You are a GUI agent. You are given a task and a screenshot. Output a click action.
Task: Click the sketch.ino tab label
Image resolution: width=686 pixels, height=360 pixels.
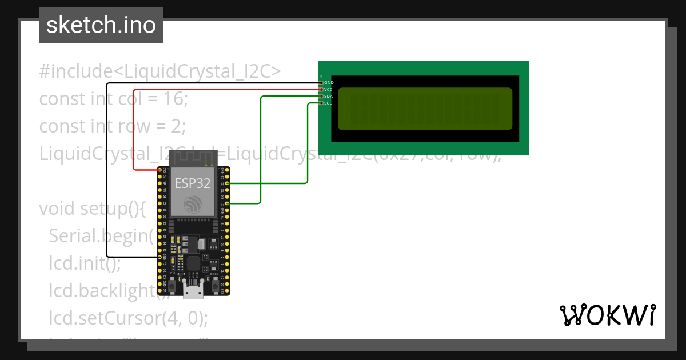[101, 25]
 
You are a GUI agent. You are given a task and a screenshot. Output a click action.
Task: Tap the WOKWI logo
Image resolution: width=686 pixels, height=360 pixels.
[607, 315]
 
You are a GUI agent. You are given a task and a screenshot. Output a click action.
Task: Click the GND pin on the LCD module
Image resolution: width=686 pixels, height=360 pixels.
[321, 83]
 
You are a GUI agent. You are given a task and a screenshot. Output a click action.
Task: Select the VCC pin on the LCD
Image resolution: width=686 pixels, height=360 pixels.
[321, 90]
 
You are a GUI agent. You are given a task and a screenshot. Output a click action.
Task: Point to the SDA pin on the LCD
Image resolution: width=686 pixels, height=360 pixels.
[321, 97]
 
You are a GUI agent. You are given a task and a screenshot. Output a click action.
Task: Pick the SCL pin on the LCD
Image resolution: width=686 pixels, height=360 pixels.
[321, 103]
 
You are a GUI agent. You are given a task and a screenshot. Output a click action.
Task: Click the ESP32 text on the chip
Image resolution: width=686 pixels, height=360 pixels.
[192, 183]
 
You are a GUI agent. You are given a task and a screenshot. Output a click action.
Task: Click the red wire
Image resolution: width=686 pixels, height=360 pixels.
[134, 131]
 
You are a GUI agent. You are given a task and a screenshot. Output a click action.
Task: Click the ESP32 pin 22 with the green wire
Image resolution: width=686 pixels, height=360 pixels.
[228, 183]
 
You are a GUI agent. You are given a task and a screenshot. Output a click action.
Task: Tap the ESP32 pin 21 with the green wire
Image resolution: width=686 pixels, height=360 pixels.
[228, 203]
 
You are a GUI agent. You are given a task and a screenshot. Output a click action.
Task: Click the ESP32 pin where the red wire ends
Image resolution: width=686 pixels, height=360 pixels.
[159, 170]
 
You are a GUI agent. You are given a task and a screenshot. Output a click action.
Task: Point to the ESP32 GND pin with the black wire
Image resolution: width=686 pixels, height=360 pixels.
[159, 257]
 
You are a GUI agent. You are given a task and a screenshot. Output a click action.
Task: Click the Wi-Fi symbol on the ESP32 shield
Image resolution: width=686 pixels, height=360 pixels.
[192, 205]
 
